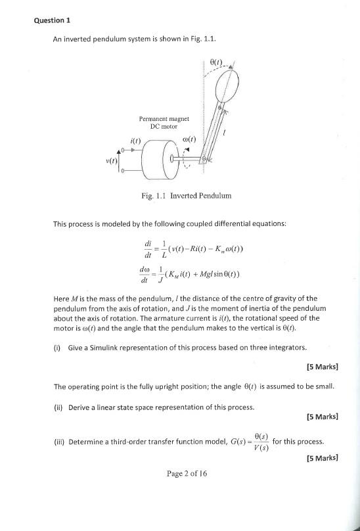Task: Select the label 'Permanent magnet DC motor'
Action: click(164, 122)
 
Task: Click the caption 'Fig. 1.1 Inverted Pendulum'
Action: click(186, 196)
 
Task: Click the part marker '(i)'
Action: click(57, 348)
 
